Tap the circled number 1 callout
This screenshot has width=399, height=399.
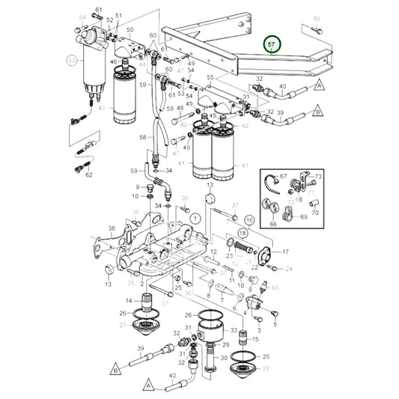pyautogui.click(x=195, y=218)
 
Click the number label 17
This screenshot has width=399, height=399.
pyautogui.click(x=284, y=252)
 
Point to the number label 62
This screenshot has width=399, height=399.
pyautogui.click(x=88, y=175)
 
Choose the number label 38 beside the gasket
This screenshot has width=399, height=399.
pyautogui.click(x=111, y=229)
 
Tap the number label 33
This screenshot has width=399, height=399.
pyautogui.click(x=234, y=330)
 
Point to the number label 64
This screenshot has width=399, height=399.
pyautogui.click(x=82, y=16)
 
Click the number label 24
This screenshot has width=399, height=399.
pyautogui.click(x=289, y=268)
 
